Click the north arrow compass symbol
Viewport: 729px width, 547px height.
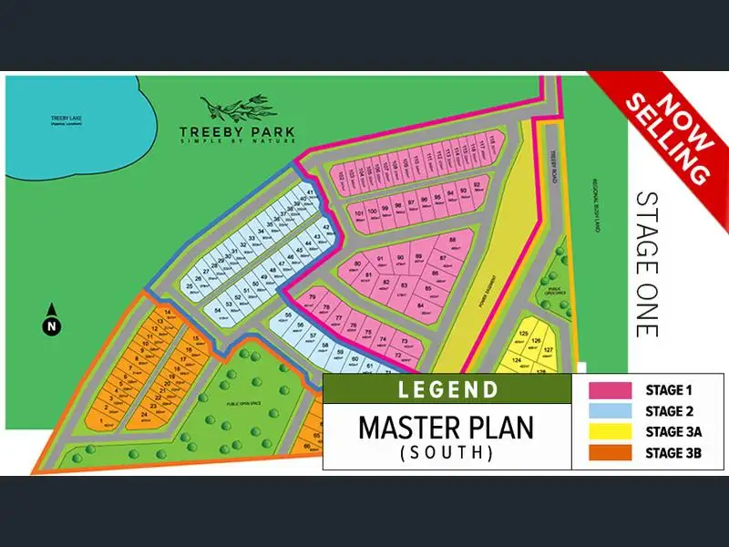pyautogui.click(x=53, y=321)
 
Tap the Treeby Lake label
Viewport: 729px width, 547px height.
pyautogui.click(x=66, y=120)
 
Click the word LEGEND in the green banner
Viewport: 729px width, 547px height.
pyautogui.click(x=447, y=389)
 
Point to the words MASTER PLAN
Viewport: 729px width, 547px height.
pyautogui.click(x=447, y=426)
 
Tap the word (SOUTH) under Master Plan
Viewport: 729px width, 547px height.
pyautogui.click(x=447, y=451)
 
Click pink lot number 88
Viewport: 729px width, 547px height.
pyautogui.click(x=453, y=241)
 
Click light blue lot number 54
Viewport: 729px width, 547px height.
pyautogui.click(x=218, y=310)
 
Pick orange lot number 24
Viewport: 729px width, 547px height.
pyautogui.click(x=144, y=411)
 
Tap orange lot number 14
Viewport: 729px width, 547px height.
pyautogui.click(x=168, y=313)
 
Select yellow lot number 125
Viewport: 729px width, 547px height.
pyautogui.click(x=523, y=334)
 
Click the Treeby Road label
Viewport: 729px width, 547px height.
pyautogui.click(x=553, y=167)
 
